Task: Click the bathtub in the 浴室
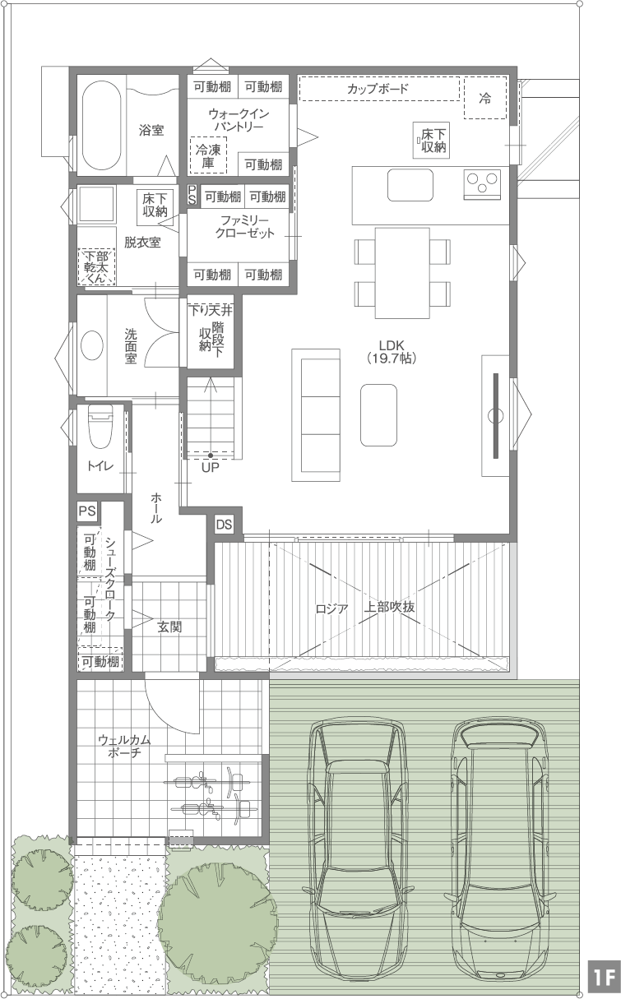pyautogui.click(x=102, y=125)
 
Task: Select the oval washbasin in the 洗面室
pyautogui.click(x=92, y=345)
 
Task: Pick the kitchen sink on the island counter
pyautogui.click(x=410, y=185)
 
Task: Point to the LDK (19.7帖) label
pyautogui.click(x=392, y=351)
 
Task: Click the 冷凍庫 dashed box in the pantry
pyautogui.click(x=208, y=155)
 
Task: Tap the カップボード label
pyautogui.click(x=378, y=89)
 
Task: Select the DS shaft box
pyautogui.click(x=224, y=525)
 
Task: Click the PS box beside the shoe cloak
pyautogui.click(x=87, y=511)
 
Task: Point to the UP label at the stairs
pyautogui.click(x=210, y=468)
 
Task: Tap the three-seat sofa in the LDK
pyautogui.click(x=316, y=415)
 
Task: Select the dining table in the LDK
pyautogui.click(x=402, y=273)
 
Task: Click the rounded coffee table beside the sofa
pyautogui.click(x=378, y=415)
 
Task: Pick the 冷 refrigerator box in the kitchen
pyautogui.click(x=485, y=98)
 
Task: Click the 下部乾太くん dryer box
pyautogui.click(x=97, y=266)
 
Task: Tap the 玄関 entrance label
pyautogui.click(x=170, y=627)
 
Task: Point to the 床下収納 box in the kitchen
pyautogui.click(x=431, y=140)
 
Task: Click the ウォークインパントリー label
pyautogui.click(x=239, y=120)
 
